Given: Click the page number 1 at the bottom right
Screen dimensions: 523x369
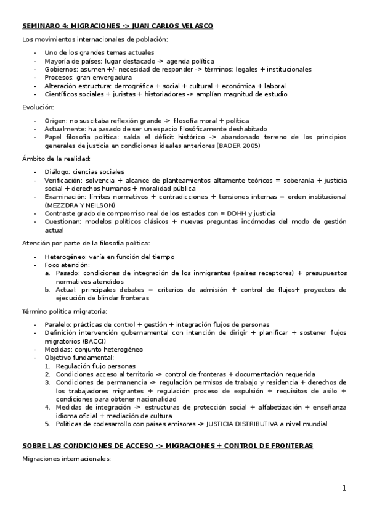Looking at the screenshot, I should pyautogui.click(x=345, y=488).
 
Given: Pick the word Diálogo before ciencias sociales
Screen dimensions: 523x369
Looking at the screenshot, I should pyautogui.click(x=57, y=171).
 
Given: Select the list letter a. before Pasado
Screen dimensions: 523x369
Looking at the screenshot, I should pyautogui.click(x=47, y=273).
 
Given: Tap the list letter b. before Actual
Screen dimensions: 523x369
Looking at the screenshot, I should pyautogui.click(x=47, y=289).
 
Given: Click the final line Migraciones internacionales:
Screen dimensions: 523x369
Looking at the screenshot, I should pyautogui.click(x=66, y=459).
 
